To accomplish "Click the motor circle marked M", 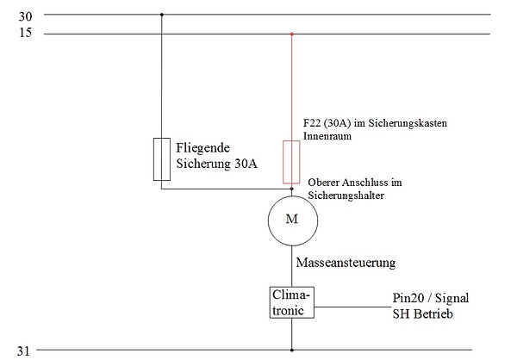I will [x=292, y=220].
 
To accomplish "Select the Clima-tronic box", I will [x=292, y=301].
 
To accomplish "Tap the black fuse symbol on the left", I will [x=161, y=158].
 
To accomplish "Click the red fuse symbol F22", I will [x=292, y=163].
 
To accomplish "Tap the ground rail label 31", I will [x=23, y=351].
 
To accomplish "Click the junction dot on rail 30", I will [x=161, y=15].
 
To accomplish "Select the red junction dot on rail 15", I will [x=292, y=34].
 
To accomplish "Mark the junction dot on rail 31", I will [x=292, y=351].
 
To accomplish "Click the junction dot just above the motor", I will [x=292, y=189].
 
